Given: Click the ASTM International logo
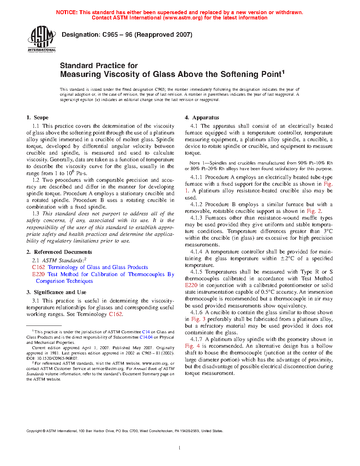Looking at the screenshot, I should tap(42, 39).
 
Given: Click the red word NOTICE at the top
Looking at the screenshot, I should tap(66, 12).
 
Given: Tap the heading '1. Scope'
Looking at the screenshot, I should tap(37, 118).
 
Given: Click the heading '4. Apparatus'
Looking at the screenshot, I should tap(202, 118).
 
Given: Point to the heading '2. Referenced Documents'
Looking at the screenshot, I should tap(59, 252).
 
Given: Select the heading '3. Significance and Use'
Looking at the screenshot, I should tap(56, 292).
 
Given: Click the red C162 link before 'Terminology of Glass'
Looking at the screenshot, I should tap(38, 267).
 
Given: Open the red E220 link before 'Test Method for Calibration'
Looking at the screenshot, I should tap(38, 274).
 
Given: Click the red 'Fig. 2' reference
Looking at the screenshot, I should tap(314, 211).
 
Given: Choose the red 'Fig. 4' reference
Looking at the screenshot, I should tap(192, 346).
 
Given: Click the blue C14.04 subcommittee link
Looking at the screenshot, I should tap(146, 337).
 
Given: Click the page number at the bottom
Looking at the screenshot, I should tap(180, 448).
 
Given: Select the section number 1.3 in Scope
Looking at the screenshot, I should tap(36, 214).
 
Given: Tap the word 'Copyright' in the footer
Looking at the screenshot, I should tap(34, 431).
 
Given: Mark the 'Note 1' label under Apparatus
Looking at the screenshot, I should tap(194, 163).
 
